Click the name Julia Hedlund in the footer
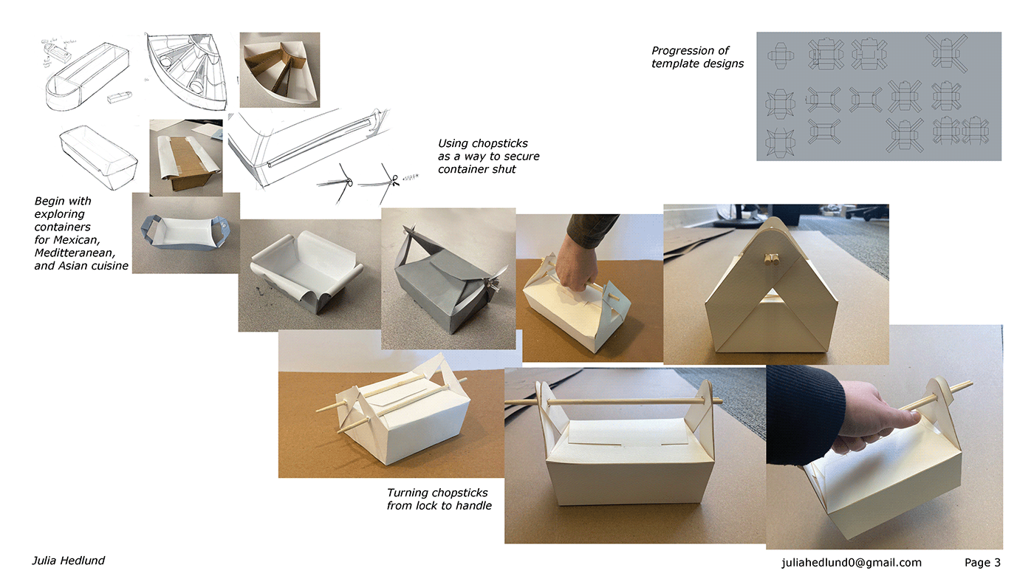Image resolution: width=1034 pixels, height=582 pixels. click(x=68, y=561)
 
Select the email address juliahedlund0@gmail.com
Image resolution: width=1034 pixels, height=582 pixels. click(x=851, y=563)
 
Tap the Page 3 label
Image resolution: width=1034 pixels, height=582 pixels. click(x=982, y=563)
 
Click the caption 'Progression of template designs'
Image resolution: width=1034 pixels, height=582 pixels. click(x=697, y=57)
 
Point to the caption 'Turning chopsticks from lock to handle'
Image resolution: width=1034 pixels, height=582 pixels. click(x=439, y=499)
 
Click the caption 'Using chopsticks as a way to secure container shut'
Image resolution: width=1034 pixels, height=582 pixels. click(x=488, y=156)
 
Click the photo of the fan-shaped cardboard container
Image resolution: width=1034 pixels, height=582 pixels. click(x=280, y=69)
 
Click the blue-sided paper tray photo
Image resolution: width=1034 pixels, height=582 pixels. click(x=186, y=233)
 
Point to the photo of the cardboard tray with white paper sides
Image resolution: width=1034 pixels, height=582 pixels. click(x=186, y=158)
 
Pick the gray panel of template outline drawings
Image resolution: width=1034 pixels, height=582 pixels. click(x=879, y=97)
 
